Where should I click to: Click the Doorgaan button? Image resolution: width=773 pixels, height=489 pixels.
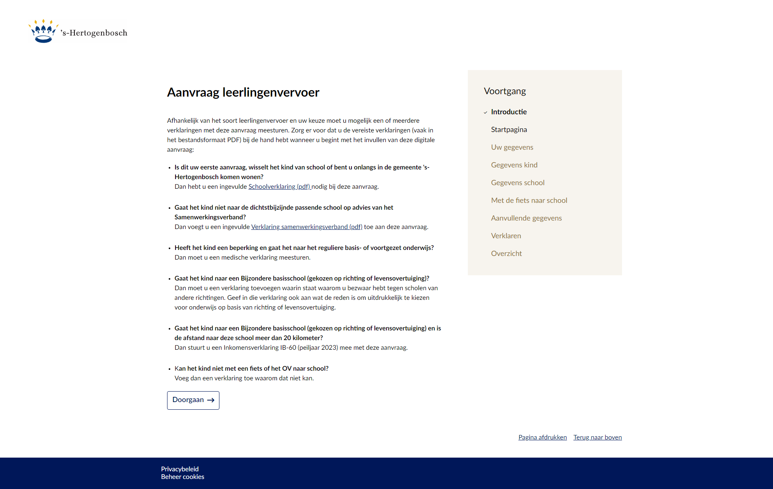click(x=193, y=400)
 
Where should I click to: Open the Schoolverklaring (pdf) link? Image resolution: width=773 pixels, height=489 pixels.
click(x=279, y=187)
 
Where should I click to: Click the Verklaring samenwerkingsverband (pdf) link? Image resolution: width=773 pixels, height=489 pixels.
click(x=306, y=227)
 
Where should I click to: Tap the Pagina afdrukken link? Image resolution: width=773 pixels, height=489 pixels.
click(x=542, y=437)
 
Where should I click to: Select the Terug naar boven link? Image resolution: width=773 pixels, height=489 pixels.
click(x=597, y=437)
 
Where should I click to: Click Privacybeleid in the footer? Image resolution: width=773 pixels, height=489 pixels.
click(x=180, y=469)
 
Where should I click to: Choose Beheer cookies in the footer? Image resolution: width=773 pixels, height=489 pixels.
click(x=182, y=477)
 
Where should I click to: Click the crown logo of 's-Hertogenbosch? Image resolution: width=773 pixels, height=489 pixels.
click(x=43, y=31)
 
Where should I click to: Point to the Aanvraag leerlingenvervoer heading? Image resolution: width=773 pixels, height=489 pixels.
click(x=243, y=93)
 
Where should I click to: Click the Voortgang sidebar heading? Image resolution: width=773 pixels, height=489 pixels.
click(x=505, y=91)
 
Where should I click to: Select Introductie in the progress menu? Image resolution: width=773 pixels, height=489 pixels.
click(x=508, y=112)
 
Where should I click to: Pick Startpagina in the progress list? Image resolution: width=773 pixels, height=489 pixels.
click(x=509, y=130)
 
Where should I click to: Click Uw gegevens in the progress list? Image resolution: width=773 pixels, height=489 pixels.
click(x=512, y=147)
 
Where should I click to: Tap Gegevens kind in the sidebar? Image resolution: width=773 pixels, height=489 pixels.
click(x=514, y=165)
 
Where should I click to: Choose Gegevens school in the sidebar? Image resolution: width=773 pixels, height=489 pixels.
click(x=518, y=183)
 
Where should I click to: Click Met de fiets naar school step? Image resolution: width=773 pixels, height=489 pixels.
click(x=529, y=200)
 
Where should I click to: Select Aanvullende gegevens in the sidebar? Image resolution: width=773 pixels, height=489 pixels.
click(x=526, y=218)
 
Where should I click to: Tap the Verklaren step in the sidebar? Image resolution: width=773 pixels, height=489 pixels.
click(x=506, y=236)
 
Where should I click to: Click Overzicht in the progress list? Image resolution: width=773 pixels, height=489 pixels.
click(x=506, y=254)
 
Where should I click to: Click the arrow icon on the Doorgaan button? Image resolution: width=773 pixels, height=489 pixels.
click(x=211, y=400)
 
